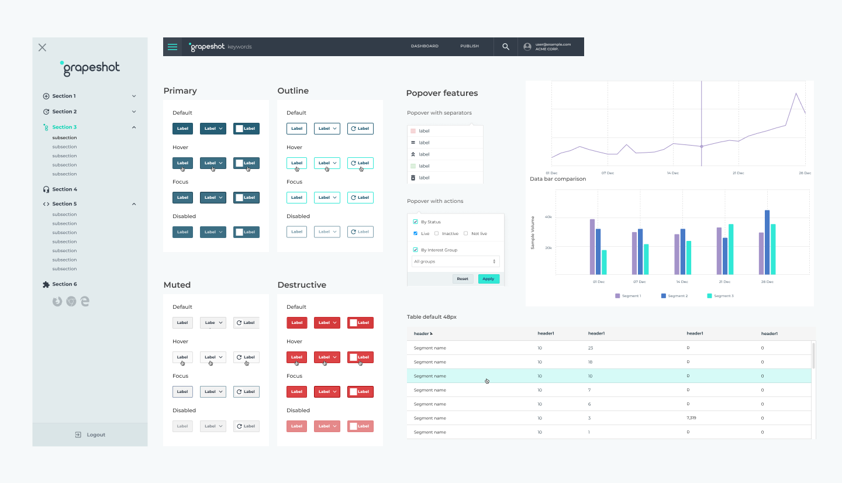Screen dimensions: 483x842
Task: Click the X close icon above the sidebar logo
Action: tap(42, 47)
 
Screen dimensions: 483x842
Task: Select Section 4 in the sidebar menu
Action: tap(64, 189)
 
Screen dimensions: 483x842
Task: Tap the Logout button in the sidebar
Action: tap(90, 434)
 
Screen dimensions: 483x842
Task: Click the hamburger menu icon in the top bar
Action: tap(172, 47)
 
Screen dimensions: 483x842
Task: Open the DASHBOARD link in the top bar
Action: tap(425, 46)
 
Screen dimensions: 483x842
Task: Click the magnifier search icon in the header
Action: tap(506, 47)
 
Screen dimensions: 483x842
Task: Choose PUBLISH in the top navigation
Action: tap(470, 46)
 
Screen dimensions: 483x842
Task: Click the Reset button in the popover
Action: tap(463, 279)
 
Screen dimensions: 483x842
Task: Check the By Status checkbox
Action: tap(416, 222)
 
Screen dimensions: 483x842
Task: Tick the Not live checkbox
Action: tap(465, 234)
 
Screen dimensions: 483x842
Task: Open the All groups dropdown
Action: tap(455, 261)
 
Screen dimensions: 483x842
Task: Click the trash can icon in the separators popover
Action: tap(413, 178)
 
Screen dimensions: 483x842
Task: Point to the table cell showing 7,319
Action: tap(691, 418)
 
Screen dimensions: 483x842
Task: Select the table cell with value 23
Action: tap(591, 348)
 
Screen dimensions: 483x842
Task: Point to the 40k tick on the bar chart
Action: tap(548, 217)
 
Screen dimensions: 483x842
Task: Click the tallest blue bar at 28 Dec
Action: tap(767, 242)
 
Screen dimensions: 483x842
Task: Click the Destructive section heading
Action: tap(302, 285)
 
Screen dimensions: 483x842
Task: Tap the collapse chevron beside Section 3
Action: tap(134, 127)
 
